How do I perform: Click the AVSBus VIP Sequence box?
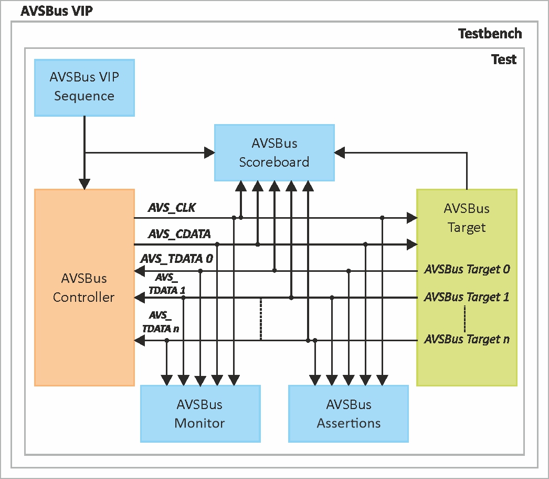pyautogui.click(x=84, y=87)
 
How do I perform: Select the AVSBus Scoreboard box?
pyautogui.click(x=274, y=153)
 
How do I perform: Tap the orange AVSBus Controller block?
pyautogui.click(x=84, y=288)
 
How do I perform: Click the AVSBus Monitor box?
pyautogui.click(x=200, y=414)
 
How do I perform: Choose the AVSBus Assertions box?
pyautogui.click(x=349, y=414)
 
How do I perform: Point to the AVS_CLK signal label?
pyautogui.click(x=172, y=208)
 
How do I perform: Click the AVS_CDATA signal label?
pyautogui.click(x=180, y=234)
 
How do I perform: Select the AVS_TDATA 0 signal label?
pyautogui.click(x=176, y=259)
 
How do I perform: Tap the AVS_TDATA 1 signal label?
pyautogui.click(x=167, y=284)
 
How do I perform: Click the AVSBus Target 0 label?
pyautogui.click(x=467, y=270)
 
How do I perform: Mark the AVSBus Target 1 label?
pyautogui.click(x=467, y=297)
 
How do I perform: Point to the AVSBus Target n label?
pyautogui.click(x=467, y=339)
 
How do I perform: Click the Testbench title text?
pyautogui.click(x=490, y=34)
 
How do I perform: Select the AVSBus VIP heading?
pyautogui.click(x=57, y=11)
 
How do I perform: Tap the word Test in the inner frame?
pyautogui.click(x=503, y=59)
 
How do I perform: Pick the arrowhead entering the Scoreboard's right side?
pyautogui.click(x=340, y=152)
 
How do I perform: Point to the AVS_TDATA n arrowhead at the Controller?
pyautogui.click(x=139, y=341)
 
